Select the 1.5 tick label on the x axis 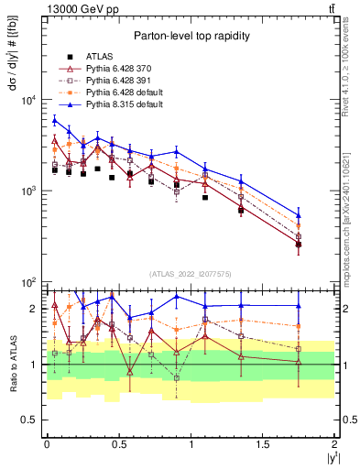tap(264, 443)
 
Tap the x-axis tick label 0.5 tap(119, 443)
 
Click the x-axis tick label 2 tap(335, 443)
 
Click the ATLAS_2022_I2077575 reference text tap(191, 274)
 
